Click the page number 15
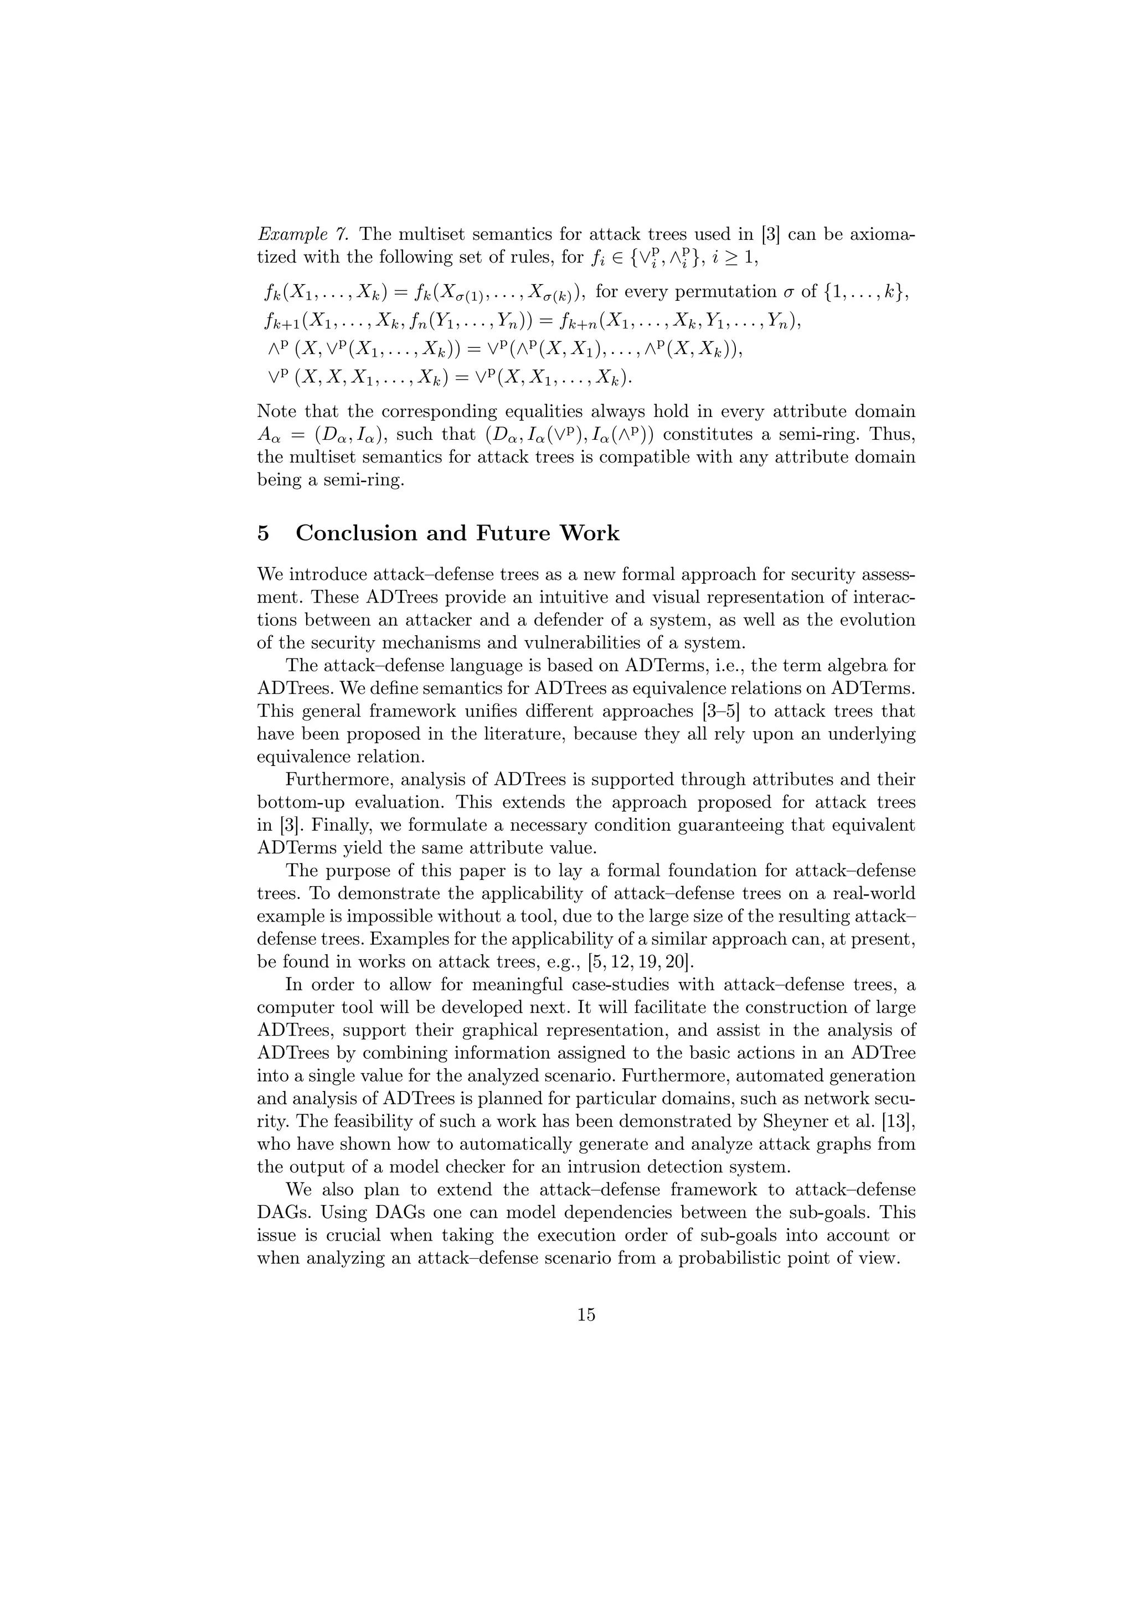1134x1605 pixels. (586, 1315)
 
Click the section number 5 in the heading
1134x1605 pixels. (264, 533)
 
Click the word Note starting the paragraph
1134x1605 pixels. (276, 411)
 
